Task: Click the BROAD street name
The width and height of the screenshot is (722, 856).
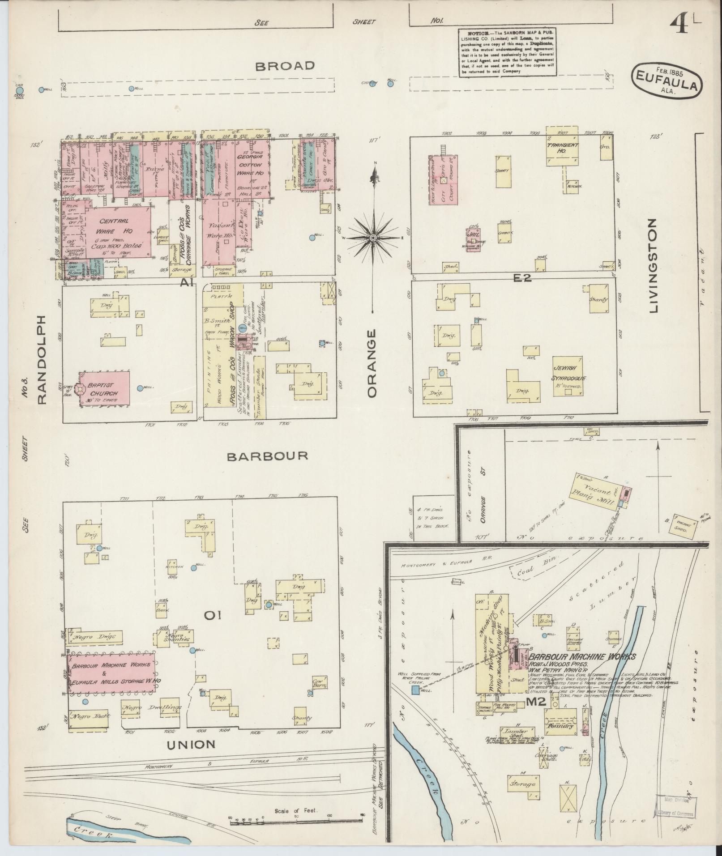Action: tap(285, 66)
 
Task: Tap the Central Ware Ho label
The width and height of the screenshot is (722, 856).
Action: tap(114, 226)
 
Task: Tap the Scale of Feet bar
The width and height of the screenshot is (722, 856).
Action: tap(295, 818)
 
